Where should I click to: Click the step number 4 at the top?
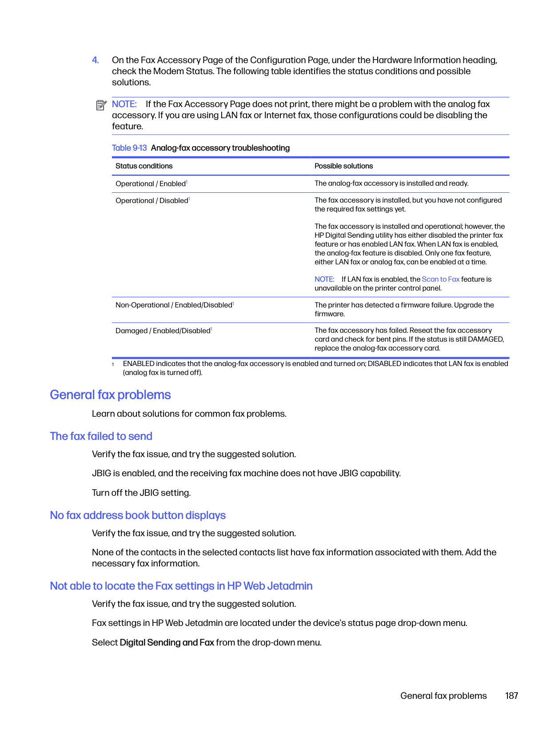95,60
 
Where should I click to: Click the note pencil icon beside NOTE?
101,105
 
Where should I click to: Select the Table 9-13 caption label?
129,148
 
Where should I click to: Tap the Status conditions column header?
144,166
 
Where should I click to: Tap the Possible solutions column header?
343,166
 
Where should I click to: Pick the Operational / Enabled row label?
151,184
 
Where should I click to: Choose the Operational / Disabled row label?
152,201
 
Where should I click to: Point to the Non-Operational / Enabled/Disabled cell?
174,305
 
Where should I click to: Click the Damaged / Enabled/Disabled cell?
163,331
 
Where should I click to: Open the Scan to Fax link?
440,279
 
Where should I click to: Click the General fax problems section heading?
110,395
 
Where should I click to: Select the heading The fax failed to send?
101,436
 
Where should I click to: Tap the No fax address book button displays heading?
138,515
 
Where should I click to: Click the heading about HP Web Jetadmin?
181,586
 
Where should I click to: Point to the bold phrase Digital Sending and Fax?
167,642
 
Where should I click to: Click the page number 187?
511,696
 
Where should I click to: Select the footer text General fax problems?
443,696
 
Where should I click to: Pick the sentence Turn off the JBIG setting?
141,493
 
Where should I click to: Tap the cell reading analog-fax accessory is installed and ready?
391,183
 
